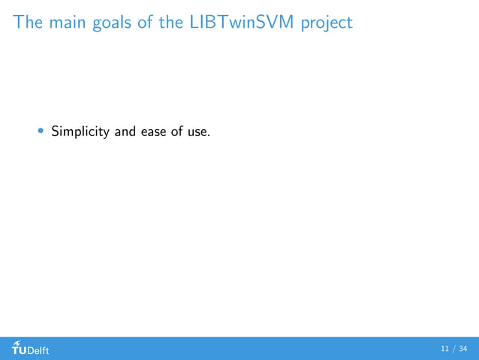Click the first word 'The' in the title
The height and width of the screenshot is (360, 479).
pos(28,23)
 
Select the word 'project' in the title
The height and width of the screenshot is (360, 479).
pos(326,24)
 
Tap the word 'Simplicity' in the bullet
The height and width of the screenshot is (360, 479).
pos(79,133)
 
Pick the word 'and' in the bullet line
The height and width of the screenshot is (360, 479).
pos(124,132)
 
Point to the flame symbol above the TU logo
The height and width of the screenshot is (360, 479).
pos(16,342)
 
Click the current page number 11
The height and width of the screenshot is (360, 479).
pos(445,349)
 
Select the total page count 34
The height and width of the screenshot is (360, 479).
pos(462,349)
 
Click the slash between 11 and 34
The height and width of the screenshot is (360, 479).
pos(453,349)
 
